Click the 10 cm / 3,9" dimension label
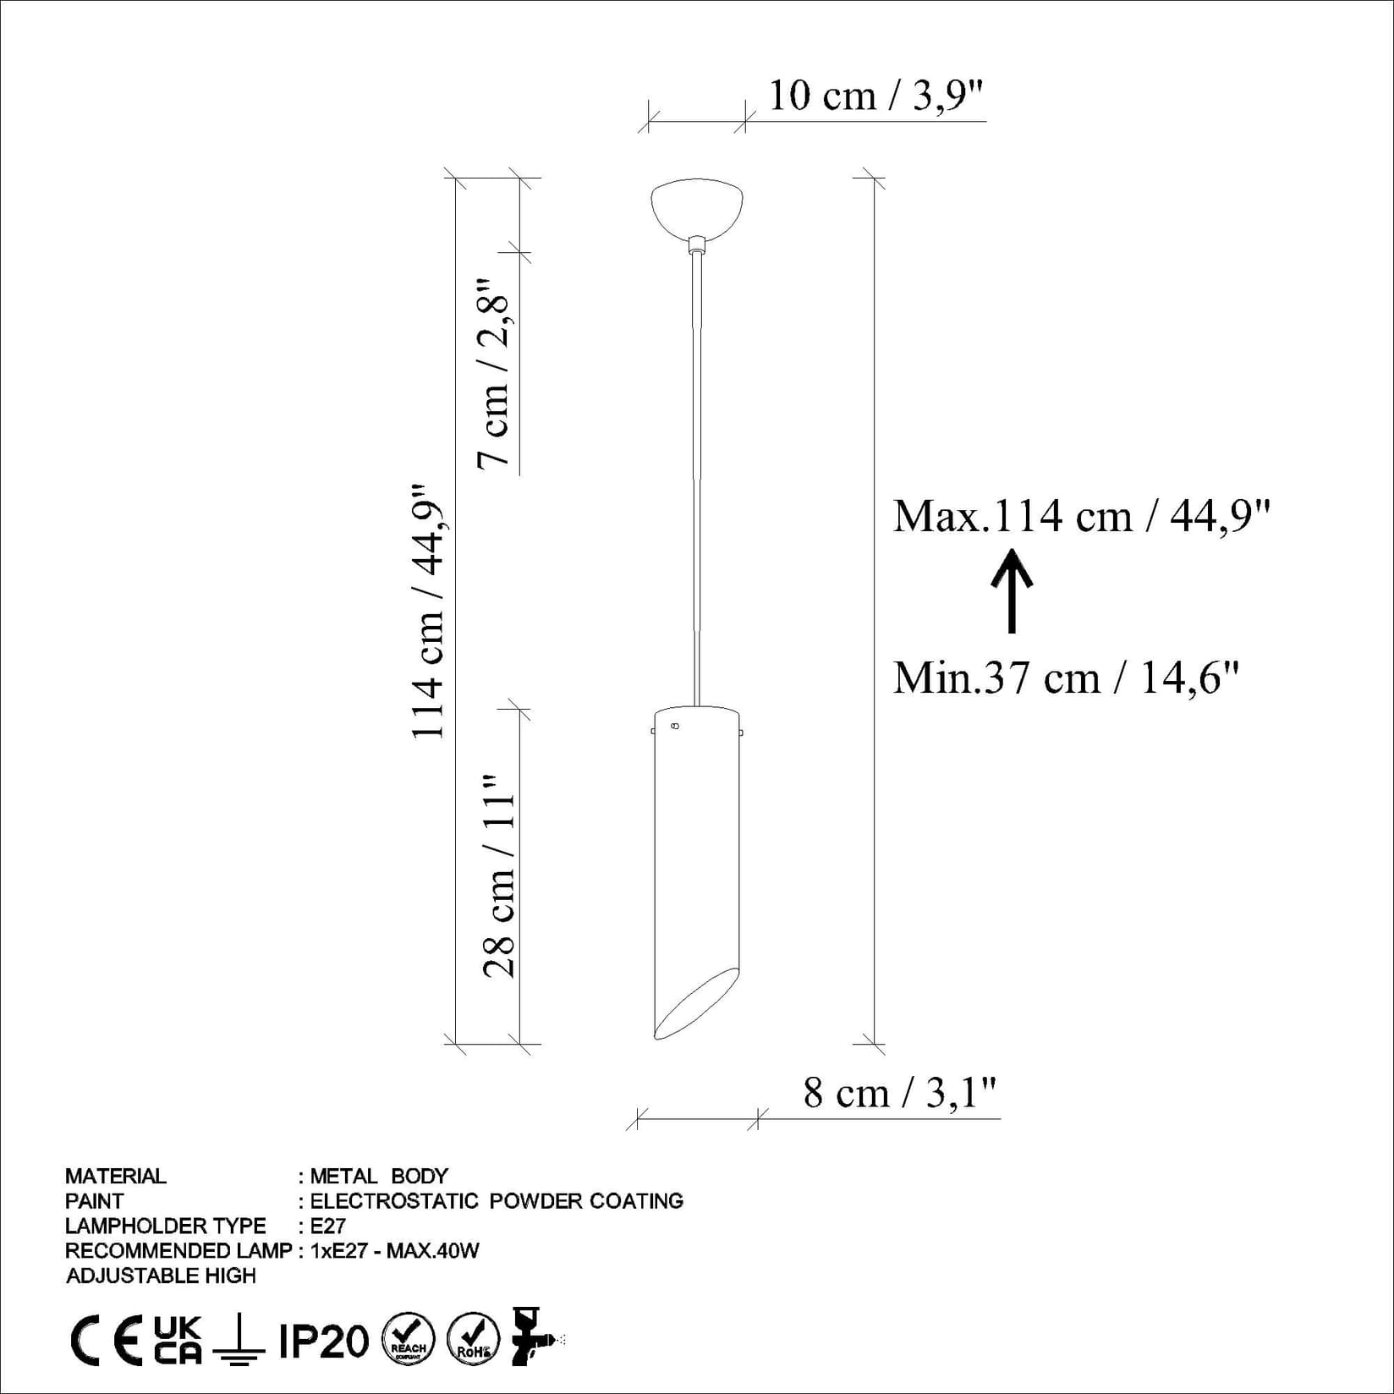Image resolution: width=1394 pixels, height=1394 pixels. coord(876,96)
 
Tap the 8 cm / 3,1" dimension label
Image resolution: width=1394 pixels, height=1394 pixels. coord(900,1093)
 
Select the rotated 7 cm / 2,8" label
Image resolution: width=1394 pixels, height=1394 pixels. coord(495,373)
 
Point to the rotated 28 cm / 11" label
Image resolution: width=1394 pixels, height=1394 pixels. coord(499,877)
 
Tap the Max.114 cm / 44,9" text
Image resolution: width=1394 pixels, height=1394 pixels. coord(1082,516)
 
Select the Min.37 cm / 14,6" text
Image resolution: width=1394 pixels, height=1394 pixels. coord(1066,678)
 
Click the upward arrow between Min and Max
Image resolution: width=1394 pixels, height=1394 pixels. coord(1012,591)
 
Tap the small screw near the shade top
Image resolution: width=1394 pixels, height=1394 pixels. coord(674,726)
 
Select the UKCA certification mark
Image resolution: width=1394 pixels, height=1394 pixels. coord(178,1340)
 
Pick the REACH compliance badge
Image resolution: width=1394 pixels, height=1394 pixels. coord(409,1340)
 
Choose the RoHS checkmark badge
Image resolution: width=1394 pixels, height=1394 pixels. coord(473,1340)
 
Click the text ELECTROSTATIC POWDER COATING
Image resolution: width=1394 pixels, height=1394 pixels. coord(497,1201)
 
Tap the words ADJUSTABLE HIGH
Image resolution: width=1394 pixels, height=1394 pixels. coord(161,1276)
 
